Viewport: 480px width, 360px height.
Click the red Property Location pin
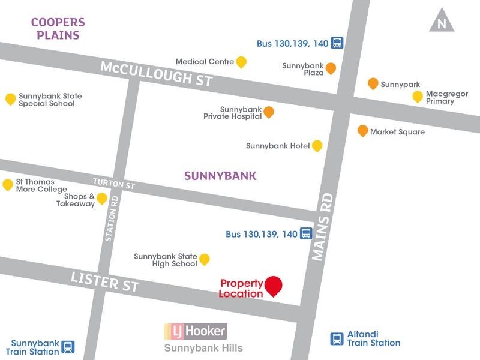click(x=274, y=286)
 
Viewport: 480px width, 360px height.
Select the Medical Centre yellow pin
click(x=241, y=62)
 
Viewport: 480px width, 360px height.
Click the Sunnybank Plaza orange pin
click(x=331, y=68)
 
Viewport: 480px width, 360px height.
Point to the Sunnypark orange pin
click(x=373, y=84)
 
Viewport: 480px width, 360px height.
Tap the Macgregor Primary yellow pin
click(x=418, y=97)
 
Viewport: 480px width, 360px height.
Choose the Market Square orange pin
click(x=362, y=131)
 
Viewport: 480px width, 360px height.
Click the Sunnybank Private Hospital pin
click(x=269, y=112)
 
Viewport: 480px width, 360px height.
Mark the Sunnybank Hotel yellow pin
click(x=317, y=146)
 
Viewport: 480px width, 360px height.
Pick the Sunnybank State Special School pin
click(x=10, y=99)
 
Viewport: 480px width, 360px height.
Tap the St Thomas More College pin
click(x=8, y=185)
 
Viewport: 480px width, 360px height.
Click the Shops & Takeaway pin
click(x=102, y=199)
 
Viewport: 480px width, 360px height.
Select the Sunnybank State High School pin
click(x=204, y=259)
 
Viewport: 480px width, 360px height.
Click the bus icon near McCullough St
click(x=337, y=43)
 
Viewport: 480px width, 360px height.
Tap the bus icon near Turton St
click(x=306, y=234)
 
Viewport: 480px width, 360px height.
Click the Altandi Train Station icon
click(x=337, y=339)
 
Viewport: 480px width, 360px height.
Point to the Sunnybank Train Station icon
click(x=69, y=347)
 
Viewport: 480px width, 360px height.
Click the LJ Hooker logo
click(x=196, y=331)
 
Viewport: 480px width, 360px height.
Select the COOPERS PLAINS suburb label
click(x=58, y=28)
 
